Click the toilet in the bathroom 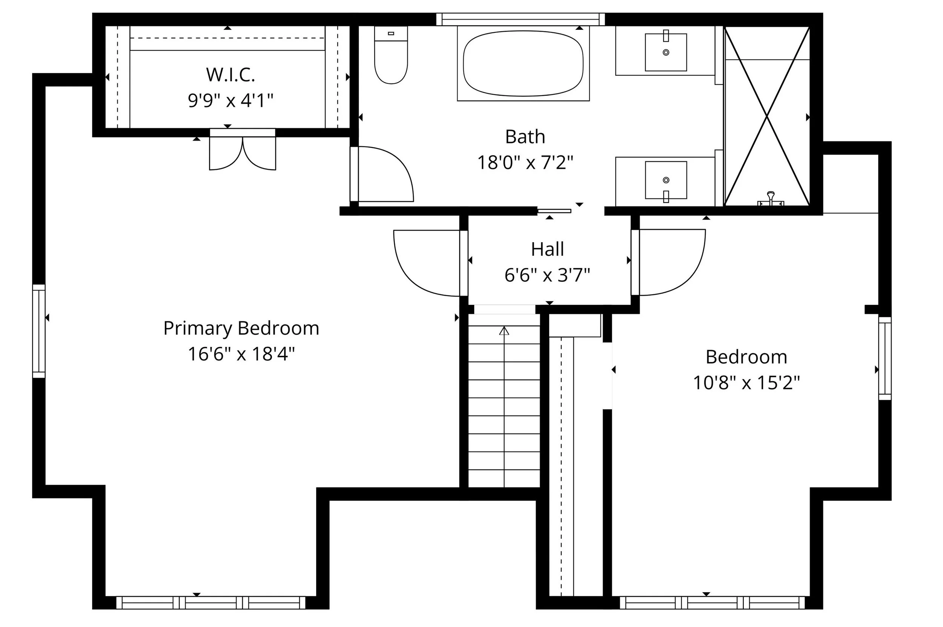[390, 56]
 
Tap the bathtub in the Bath [523, 64]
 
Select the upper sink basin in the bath [666, 52]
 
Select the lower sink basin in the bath [666, 180]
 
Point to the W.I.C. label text [230, 75]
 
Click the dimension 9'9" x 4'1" [230, 100]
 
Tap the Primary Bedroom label [241, 328]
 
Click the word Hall [547, 249]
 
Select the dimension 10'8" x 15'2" [746, 383]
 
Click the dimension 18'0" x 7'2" [525, 163]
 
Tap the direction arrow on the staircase [504, 331]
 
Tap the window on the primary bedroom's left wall [39, 331]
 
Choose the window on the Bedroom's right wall [885, 358]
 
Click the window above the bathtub [520, 19]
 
